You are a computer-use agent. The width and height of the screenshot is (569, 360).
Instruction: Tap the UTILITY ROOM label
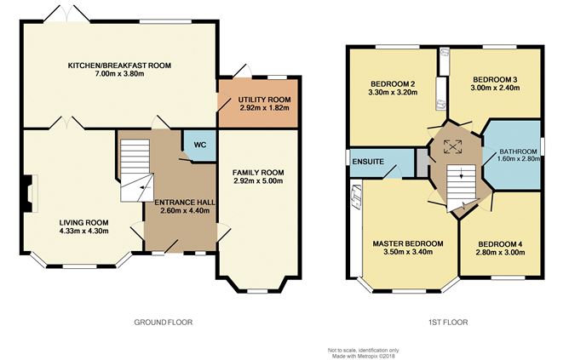point(265,100)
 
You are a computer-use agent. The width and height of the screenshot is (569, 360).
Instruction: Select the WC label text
point(199,145)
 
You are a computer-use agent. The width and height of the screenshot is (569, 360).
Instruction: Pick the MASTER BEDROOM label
point(408,243)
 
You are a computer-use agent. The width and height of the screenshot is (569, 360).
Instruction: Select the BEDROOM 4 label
point(499,243)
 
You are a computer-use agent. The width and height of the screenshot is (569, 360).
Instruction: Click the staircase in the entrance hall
point(135,169)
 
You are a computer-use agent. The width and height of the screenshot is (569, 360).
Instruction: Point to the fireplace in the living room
point(31,194)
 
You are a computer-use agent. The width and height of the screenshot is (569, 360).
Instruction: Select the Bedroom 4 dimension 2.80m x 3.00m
point(499,253)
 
